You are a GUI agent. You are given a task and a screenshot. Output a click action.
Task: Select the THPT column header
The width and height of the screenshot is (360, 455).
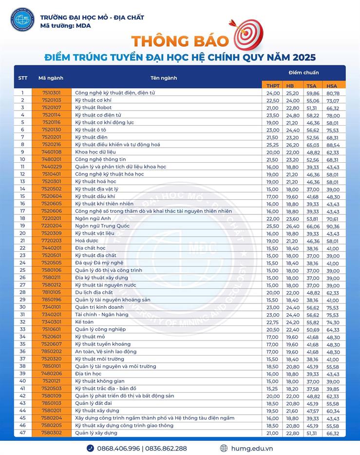(x=273, y=85)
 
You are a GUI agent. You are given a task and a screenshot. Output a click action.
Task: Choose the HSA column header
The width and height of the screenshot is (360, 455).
(x=332, y=85)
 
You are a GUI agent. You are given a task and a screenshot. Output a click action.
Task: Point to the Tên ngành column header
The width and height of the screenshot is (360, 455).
(x=164, y=78)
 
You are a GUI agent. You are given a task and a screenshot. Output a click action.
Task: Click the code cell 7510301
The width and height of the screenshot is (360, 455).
(x=52, y=93)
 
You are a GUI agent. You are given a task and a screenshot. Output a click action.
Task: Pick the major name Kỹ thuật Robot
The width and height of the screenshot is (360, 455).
(x=93, y=107)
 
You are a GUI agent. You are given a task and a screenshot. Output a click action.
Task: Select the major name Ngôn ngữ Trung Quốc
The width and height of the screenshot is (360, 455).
(x=102, y=226)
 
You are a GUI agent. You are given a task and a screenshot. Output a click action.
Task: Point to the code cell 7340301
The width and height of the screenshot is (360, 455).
(x=52, y=322)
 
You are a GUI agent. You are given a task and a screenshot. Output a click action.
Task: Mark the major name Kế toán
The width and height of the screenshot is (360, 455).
(x=85, y=322)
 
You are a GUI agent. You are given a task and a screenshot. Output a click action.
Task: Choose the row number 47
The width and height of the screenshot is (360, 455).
(x=22, y=433)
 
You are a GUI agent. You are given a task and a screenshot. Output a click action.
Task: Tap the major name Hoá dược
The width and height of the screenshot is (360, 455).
(x=87, y=241)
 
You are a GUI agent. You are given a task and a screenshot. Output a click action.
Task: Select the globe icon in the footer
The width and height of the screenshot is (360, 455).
(x=224, y=448)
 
